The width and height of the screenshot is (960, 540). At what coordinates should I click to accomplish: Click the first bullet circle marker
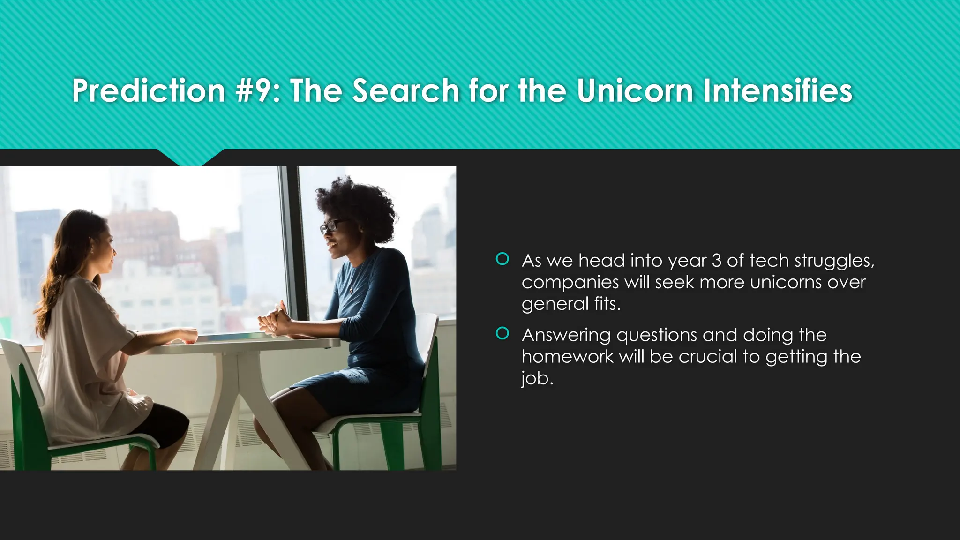(x=502, y=259)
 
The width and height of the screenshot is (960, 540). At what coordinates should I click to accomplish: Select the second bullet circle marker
(x=502, y=333)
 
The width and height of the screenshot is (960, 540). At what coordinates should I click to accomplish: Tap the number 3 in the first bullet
(x=716, y=261)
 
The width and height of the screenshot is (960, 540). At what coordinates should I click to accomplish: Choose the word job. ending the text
(x=537, y=378)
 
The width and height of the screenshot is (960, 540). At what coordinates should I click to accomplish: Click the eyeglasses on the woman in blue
(x=331, y=226)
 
